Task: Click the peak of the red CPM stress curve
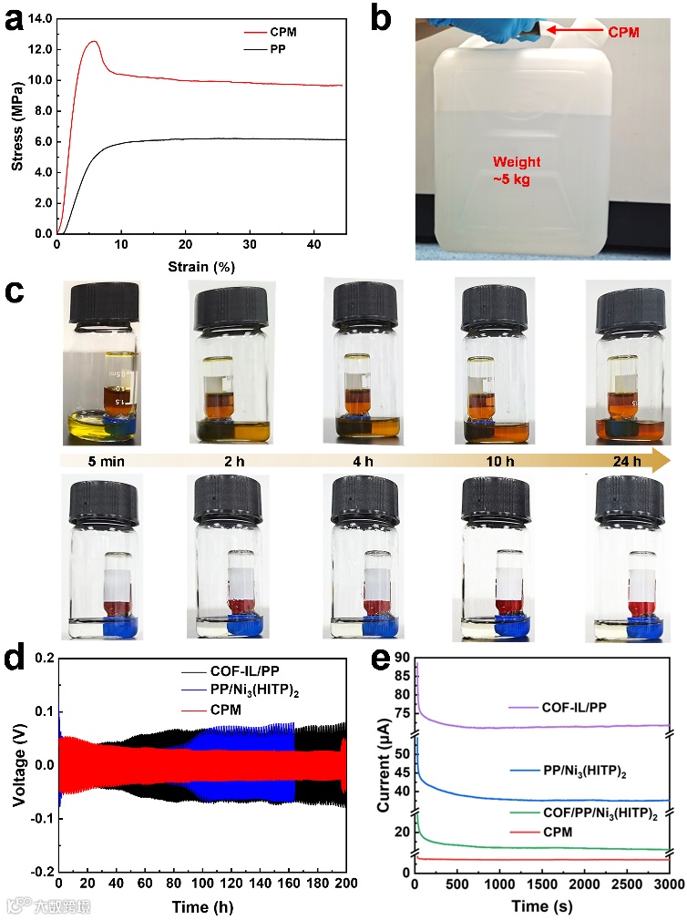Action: tap(94, 41)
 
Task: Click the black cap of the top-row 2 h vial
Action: tap(227, 307)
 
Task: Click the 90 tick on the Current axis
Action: tap(401, 659)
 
